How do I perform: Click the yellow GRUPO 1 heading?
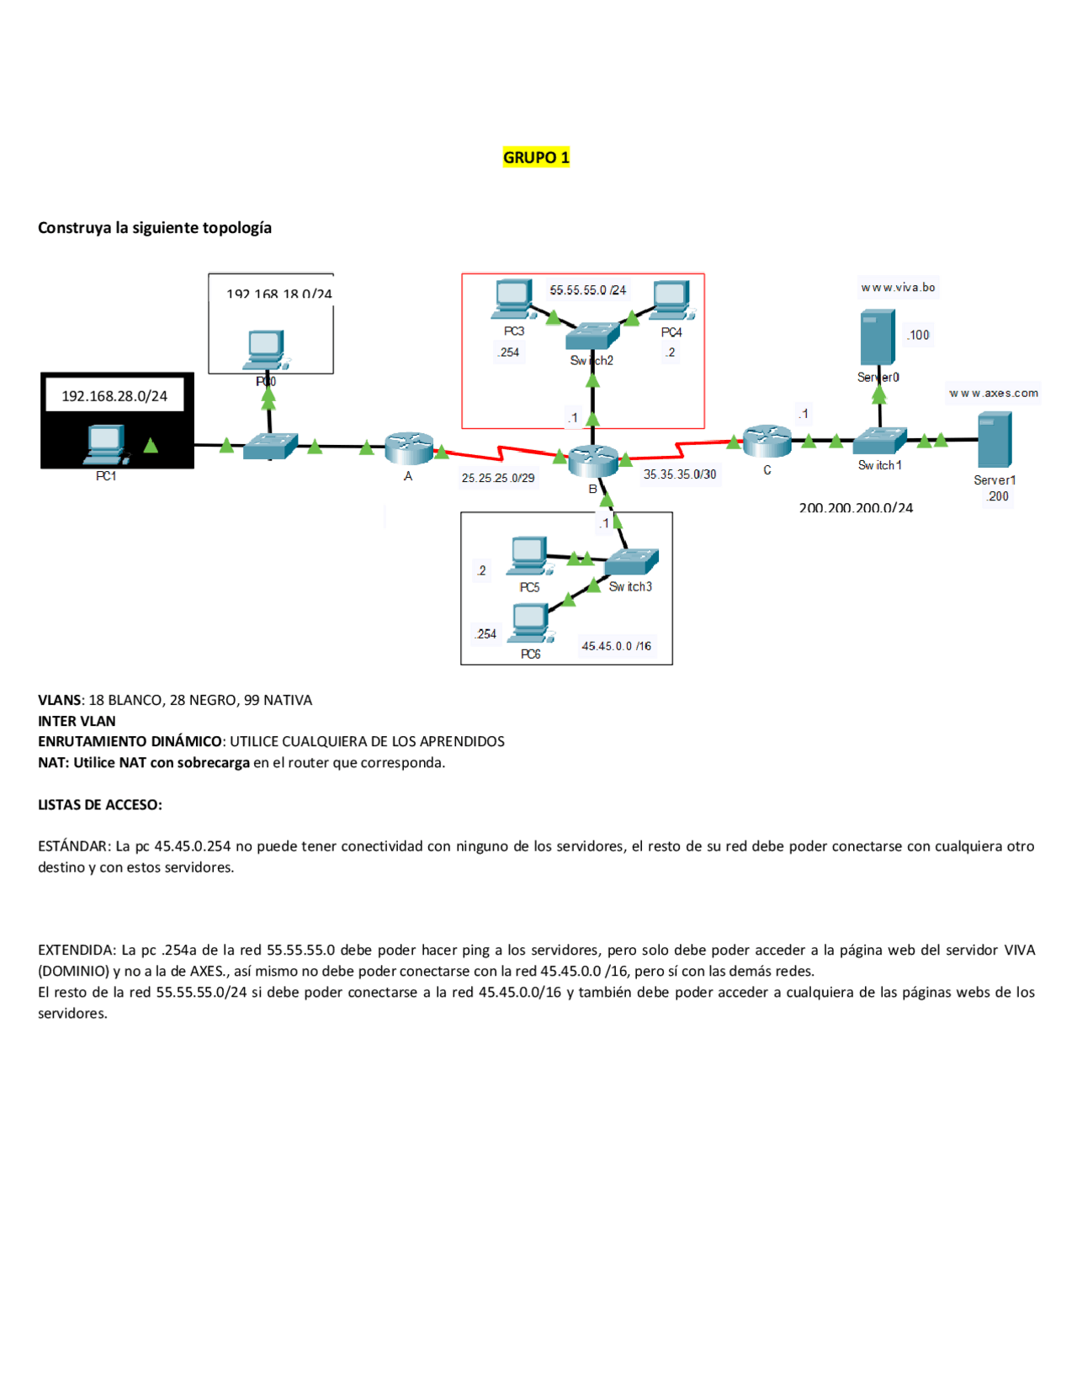(x=536, y=157)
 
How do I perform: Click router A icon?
(x=409, y=448)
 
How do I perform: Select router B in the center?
(x=593, y=460)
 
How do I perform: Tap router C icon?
(x=767, y=441)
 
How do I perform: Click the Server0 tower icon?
(x=878, y=338)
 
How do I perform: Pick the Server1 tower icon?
(x=995, y=440)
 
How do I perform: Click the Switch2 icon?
(x=592, y=336)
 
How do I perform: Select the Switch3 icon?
(x=631, y=561)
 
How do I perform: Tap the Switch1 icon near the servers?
(x=879, y=441)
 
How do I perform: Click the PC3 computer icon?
(x=512, y=299)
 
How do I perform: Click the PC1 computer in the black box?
(x=106, y=445)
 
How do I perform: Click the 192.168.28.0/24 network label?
(x=114, y=396)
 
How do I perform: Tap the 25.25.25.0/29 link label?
(x=497, y=478)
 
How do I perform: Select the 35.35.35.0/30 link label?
(x=680, y=474)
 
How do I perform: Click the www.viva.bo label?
(x=898, y=288)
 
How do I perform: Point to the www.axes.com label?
(x=994, y=393)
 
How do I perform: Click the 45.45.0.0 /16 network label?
(x=616, y=646)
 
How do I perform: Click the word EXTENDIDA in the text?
(x=77, y=950)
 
